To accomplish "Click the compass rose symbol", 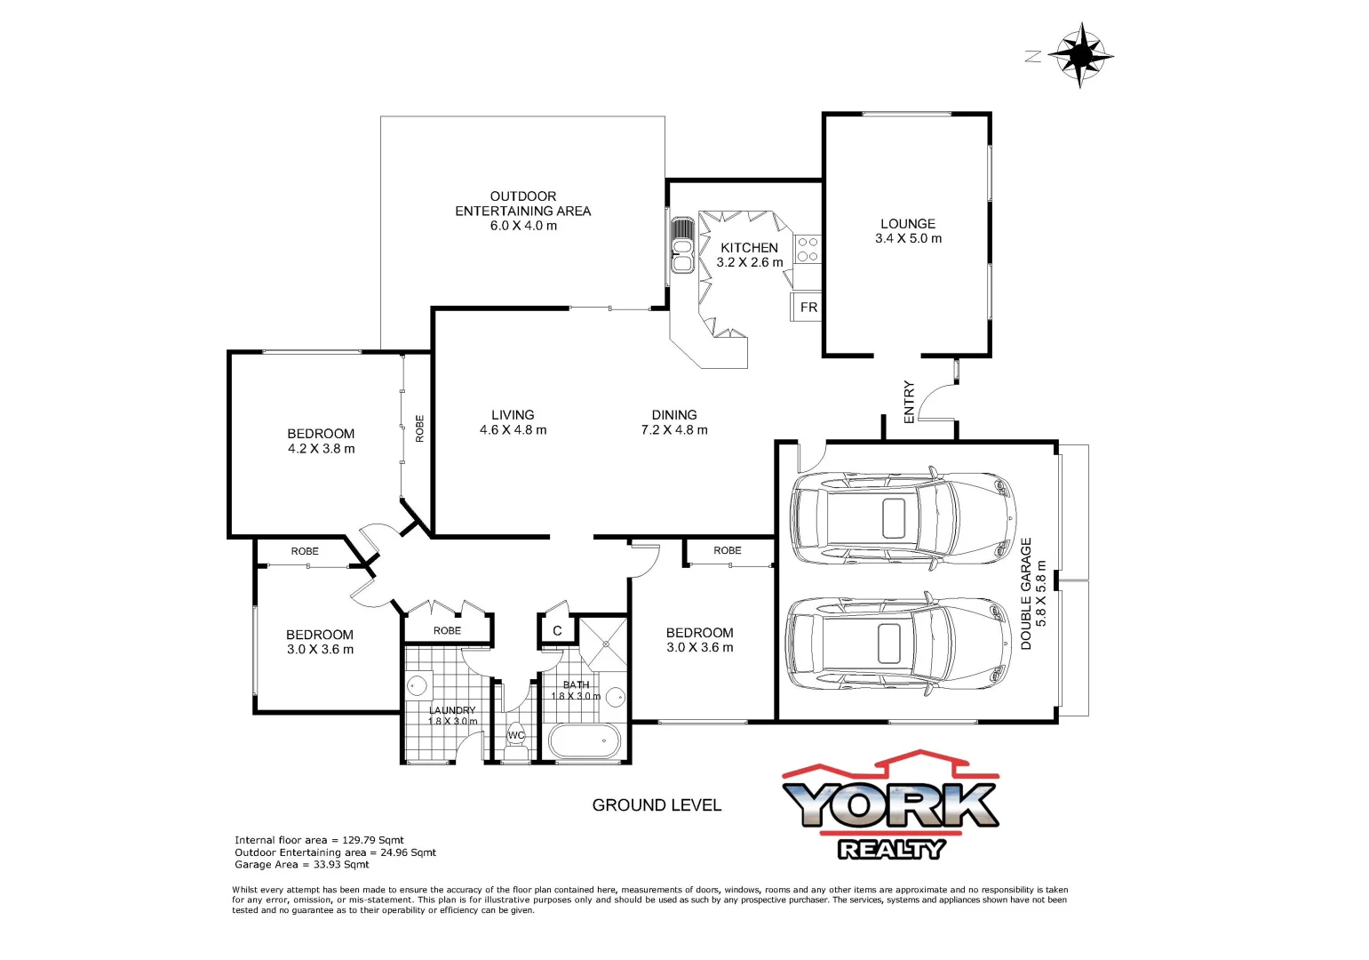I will click(x=1080, y=55).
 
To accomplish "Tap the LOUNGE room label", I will click(x=907, y=224).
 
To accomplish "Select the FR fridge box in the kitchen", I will click(x=808, y=308).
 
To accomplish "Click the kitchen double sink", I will click(x=682, y=246).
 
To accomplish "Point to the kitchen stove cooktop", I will click(x=808, y=249).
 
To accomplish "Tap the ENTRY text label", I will click(x=909, y=402).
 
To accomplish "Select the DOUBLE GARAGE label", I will click(x=1026, y=594).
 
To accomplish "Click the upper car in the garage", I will click(x=902, y=516).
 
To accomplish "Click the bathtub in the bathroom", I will click(x=583, y=740).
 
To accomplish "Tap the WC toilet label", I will click(x=516, y=735).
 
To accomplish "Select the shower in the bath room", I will click(x=603, y=643).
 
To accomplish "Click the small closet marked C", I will click(x=557, y=631).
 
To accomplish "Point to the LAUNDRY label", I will click(x=452, y=710).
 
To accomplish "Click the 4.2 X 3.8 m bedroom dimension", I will click(x=321, y=449).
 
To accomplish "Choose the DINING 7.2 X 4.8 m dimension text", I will click(x=674, y=430).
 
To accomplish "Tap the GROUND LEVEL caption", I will click(x=657, y=805).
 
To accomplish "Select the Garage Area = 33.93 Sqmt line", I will click(x=302, y=864).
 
